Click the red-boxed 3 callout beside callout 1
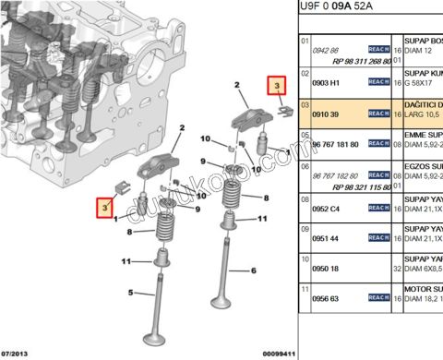[x=106, y=206]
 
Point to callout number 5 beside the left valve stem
[x=131, y=294]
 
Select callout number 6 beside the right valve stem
[x=253, y=270]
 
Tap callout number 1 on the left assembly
[x=116, y=219]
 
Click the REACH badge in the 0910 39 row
[x=378, y=114]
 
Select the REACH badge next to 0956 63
[x=378, y=298]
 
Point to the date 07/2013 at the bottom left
[x=18, y=353]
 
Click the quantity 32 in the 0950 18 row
[x=398, y=269]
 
